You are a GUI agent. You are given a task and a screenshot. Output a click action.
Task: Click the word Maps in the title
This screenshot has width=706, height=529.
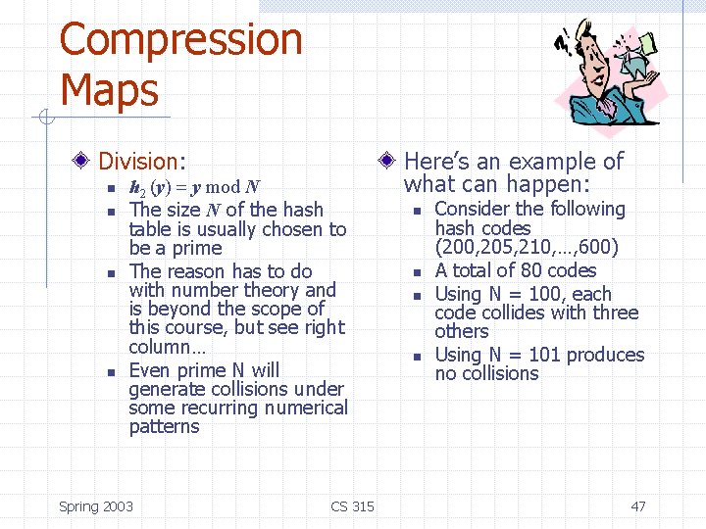109,89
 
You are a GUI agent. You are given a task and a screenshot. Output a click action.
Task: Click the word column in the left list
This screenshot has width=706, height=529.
162,347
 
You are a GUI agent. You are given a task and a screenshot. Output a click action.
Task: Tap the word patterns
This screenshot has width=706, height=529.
164,426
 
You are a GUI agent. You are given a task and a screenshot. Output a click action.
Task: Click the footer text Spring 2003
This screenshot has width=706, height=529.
96,506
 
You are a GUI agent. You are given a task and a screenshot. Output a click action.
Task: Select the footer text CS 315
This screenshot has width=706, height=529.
353,506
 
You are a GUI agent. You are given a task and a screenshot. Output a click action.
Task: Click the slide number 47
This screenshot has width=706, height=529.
638,506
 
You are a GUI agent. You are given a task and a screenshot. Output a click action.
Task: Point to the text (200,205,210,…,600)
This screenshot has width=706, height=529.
527,247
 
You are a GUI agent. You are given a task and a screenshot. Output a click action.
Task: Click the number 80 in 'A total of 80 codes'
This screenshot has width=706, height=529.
534,270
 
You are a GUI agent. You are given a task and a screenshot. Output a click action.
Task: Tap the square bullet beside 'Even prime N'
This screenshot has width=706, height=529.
112,371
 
